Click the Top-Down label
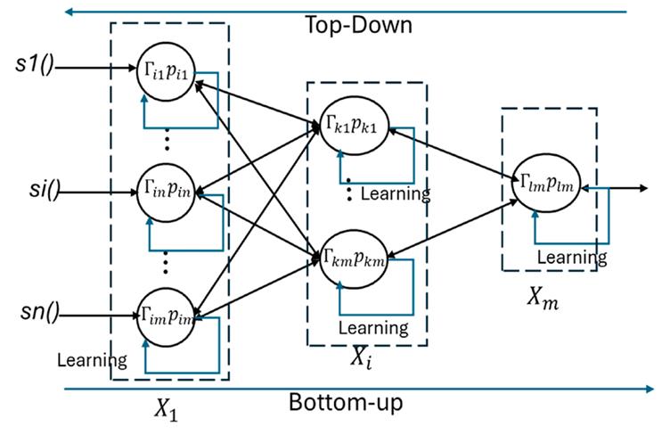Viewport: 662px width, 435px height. (x=359, y=24)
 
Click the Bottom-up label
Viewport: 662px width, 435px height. (x=345, y=402)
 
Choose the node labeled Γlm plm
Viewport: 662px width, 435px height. (x=543, y=185)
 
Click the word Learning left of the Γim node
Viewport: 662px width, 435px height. (x=91, y=361)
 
